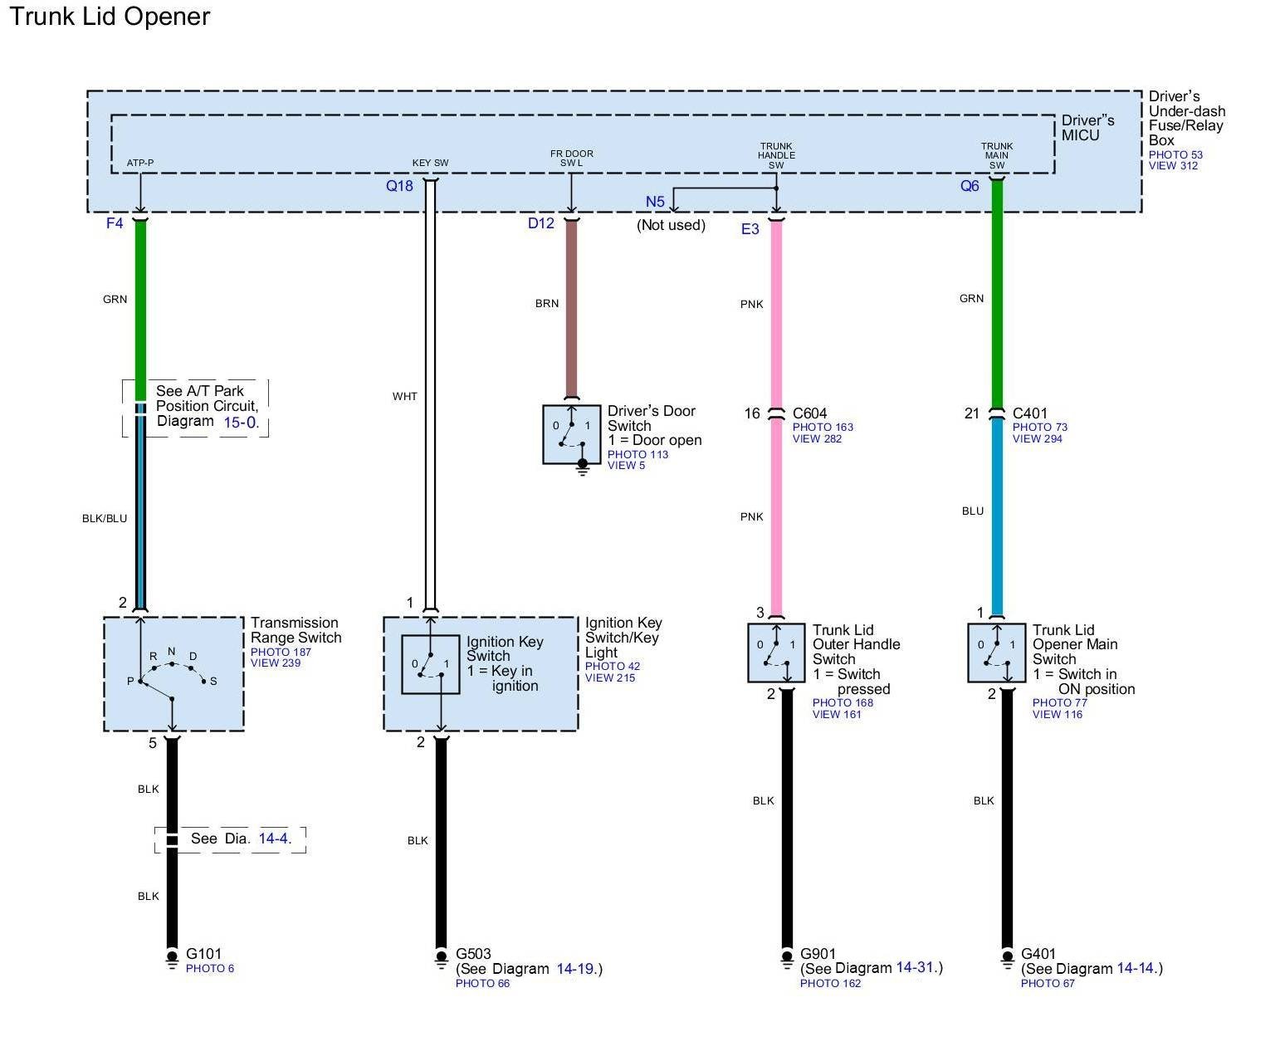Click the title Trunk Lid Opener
click(x=109, y=17)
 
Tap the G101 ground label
click(x=203, y=954)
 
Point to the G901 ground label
click(x=818, y=954)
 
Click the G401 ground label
click(x=1038, y=954)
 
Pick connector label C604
click(x=809, y=413)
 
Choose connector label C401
click(x=1030, y=413)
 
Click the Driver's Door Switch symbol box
click(x=571, y=434)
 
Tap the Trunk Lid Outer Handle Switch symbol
click(x=776, y=653)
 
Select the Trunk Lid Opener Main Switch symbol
click(x=996, y=653)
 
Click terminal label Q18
click(x=399, y=186)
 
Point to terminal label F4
click(x=115, y=223)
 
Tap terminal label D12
click(x=541, y=223)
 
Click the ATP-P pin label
click(x=140, y=163)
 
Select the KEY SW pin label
click(x=430, y=163)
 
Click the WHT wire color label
click(x=405, y=397)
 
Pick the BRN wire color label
click(x=547, y=304)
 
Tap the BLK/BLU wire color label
click(x=105, y=519)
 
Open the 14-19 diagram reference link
click(x=576, y=969)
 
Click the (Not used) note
click(x=671, y=225)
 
